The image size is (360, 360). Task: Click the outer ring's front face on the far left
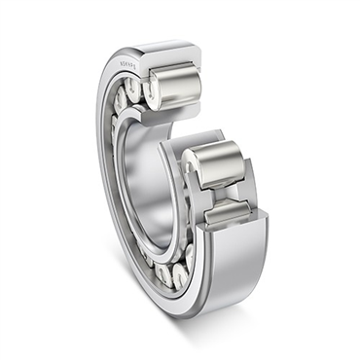pyautogui.click(x=101, y=175)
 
